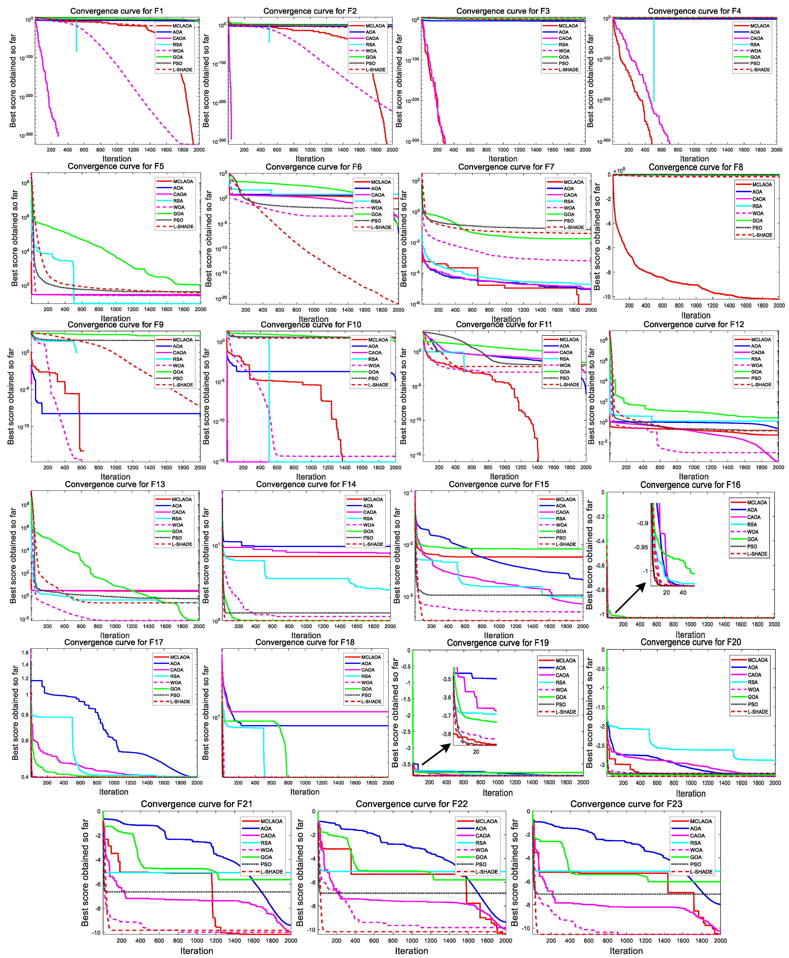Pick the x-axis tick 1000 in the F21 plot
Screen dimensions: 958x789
[x=197, y=941]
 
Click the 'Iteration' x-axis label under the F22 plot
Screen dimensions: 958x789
[x=411, y=951]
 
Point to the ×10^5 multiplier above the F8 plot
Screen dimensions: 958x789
[x=619, y=171]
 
